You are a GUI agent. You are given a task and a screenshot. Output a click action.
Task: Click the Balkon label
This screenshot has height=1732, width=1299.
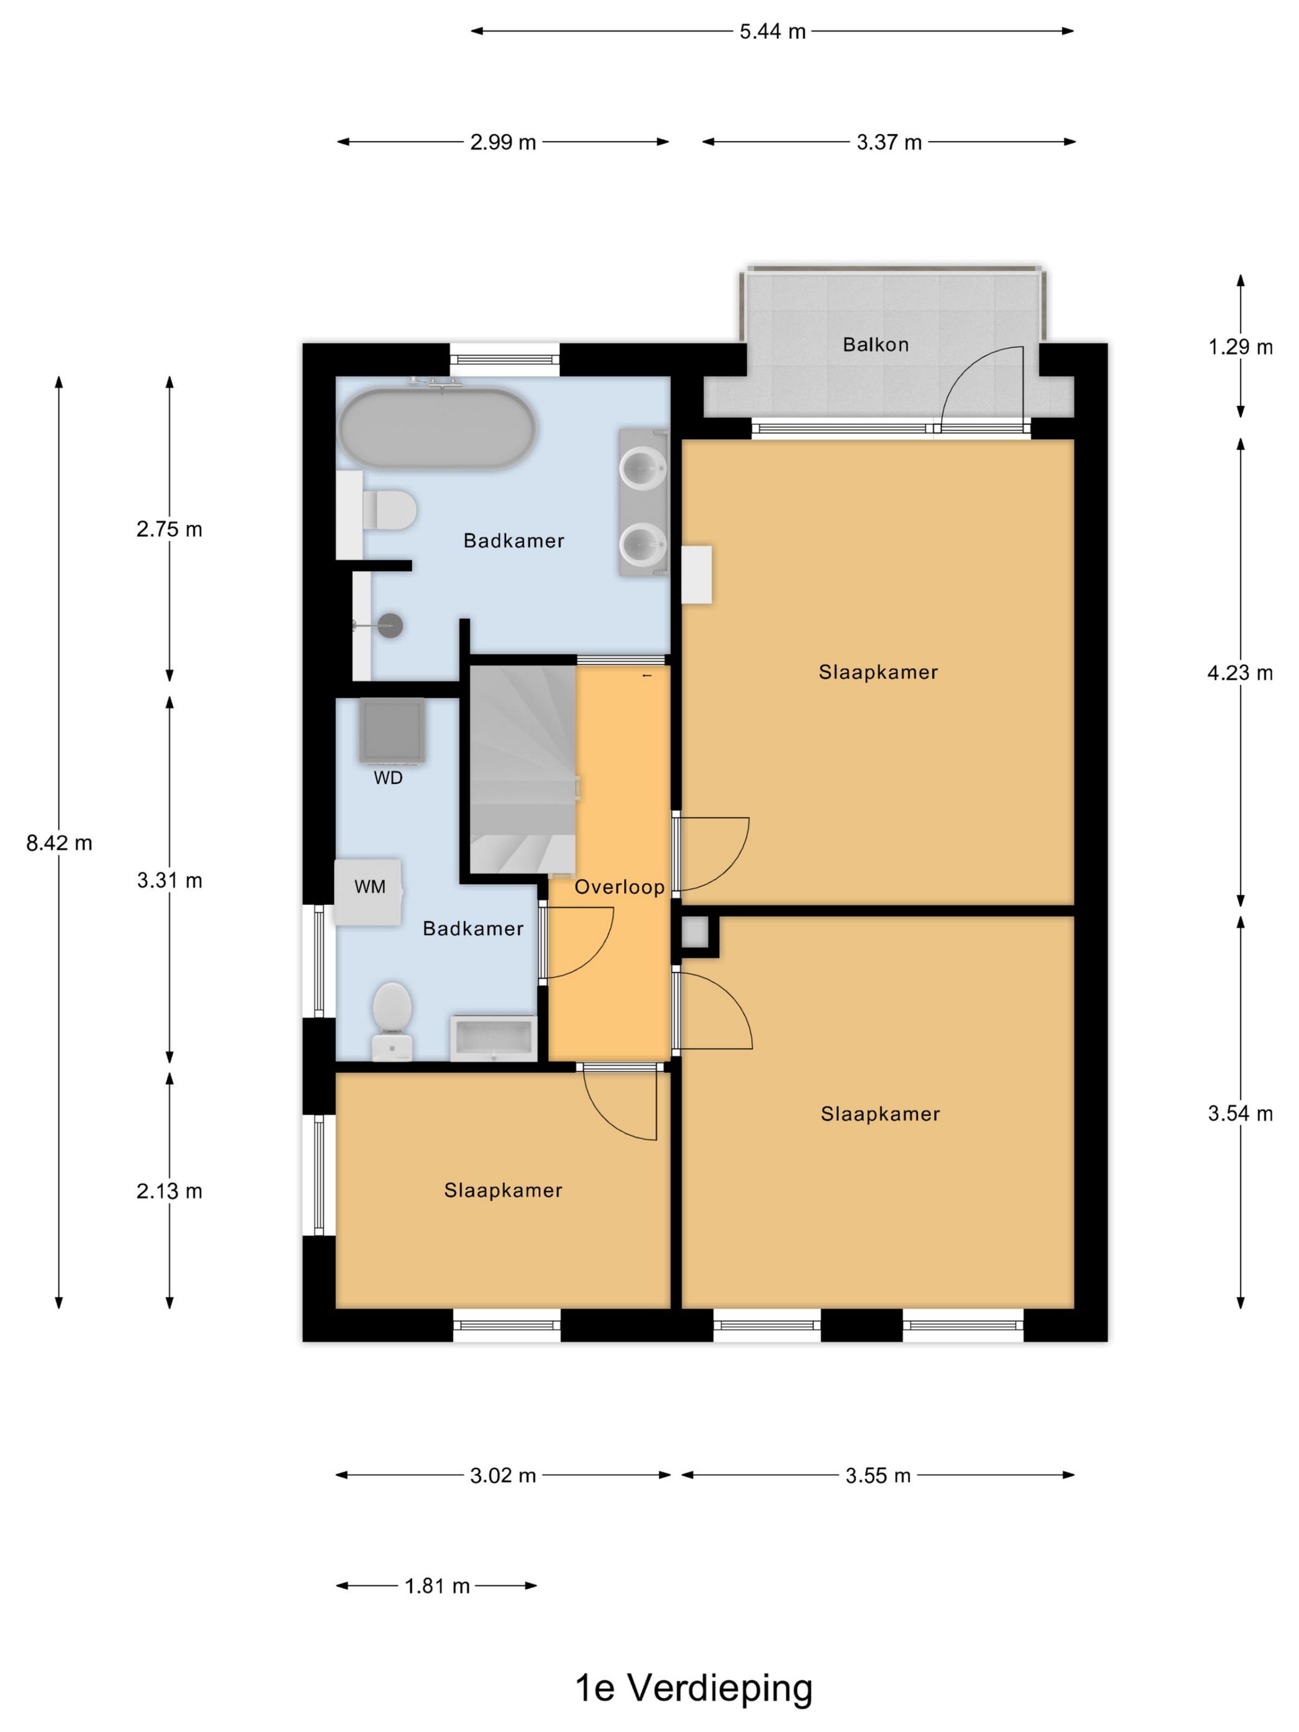click(x=875, y=345)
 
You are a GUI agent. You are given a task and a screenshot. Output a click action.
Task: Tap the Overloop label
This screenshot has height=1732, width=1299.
click(x=619, y=886)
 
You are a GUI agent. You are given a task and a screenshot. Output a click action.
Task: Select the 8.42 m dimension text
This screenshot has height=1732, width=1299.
click(x=59, y=842)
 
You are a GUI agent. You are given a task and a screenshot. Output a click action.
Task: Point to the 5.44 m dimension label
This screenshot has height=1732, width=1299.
click(x=772, y=32)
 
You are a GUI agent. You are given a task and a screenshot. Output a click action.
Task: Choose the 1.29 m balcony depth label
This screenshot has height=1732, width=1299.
click(x=1240, y=347)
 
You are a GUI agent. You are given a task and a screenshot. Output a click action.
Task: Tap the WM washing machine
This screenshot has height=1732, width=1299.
click(x=369, y=893)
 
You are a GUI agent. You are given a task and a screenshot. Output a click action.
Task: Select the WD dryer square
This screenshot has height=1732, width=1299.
click(x=392, y=730)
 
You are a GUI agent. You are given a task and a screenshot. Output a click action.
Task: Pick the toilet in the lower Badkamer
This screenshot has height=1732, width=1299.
click(x=392, y=1022)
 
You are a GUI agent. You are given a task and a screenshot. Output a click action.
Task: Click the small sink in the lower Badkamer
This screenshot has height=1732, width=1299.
click(x=493, y=1038)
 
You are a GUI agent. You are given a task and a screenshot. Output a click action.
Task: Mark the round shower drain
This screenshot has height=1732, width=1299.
click(x=390, y=625)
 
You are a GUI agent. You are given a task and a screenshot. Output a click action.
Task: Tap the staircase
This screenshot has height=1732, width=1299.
click(x=522, y=770)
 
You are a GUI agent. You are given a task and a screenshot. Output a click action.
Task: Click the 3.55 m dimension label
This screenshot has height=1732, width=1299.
click(x=878, y=1476)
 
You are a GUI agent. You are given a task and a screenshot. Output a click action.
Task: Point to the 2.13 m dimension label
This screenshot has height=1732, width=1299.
click(x=169, y=1191)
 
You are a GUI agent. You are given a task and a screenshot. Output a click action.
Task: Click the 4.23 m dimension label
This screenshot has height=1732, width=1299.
click(x=1240, y=672)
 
